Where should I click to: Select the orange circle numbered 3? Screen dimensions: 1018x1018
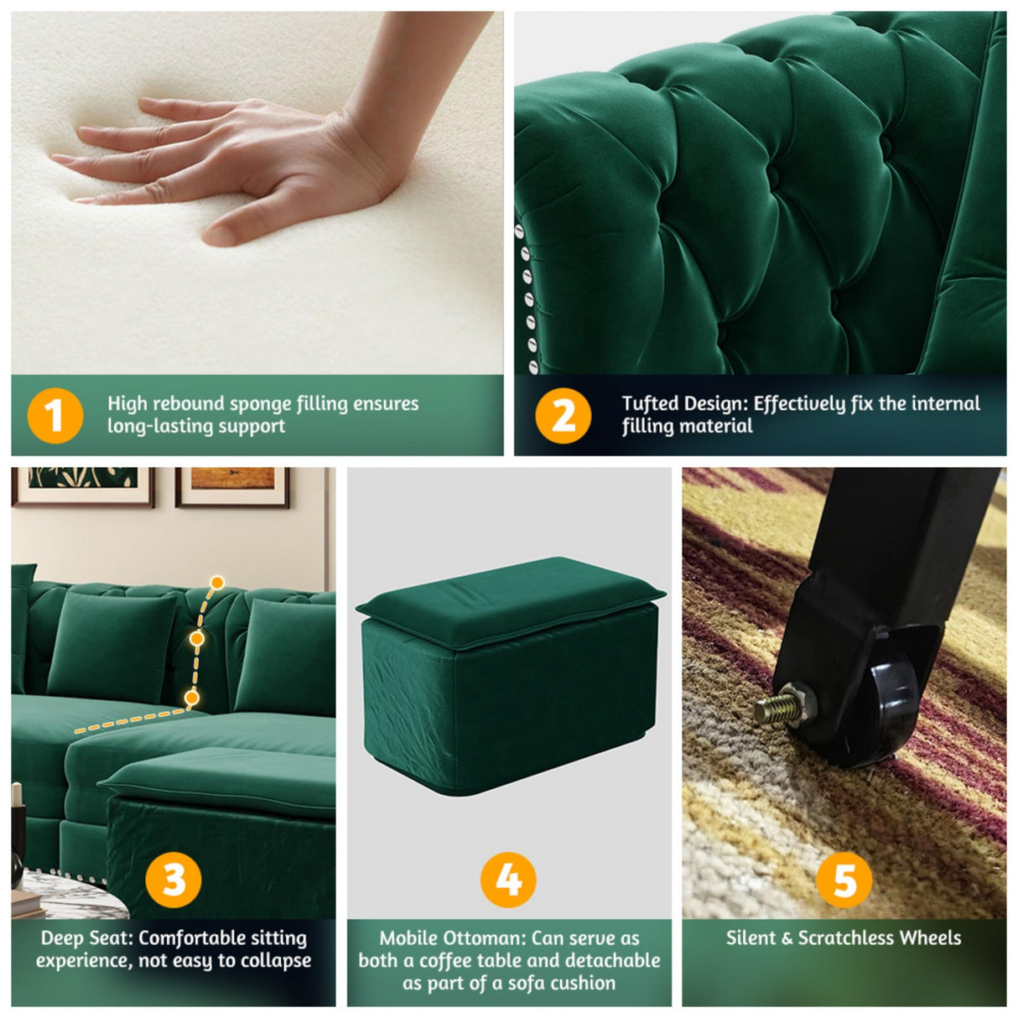coord(174,880)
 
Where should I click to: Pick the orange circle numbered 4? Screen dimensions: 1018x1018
coord(508,880)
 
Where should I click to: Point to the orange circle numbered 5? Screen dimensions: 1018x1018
coord(844,880)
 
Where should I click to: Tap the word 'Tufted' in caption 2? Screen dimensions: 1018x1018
coord(651,404)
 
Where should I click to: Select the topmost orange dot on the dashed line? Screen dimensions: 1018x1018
coord(217,582)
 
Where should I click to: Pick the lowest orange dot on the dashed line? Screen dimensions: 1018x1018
coord(191,697)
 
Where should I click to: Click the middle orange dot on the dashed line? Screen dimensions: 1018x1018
coord(197,639)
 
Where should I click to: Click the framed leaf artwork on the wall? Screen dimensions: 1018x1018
coord(82,486)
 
